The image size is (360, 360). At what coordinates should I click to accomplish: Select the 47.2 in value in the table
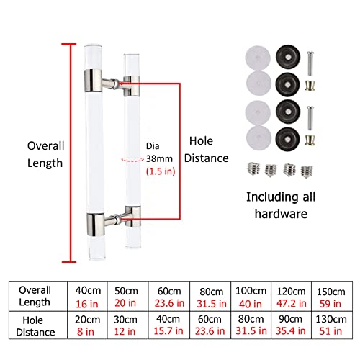pos(292,304)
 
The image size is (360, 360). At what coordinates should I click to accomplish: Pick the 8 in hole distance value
pos(86,332)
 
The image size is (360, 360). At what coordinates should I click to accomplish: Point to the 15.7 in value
pos(168,331)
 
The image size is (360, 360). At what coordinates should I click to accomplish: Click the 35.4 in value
pos(291,331)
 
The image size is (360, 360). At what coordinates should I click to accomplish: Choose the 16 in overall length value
pos(87,304)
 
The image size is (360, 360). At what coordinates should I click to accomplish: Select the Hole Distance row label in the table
pos(35,326)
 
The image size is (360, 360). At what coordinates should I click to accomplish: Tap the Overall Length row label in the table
pos(35,296)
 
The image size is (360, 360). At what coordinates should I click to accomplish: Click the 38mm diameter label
pos(159,158)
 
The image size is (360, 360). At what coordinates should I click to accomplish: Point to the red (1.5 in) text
pos(161,171)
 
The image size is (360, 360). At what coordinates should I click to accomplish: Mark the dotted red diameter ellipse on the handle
pos(132,160)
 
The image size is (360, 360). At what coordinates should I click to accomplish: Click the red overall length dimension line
pos(71,153)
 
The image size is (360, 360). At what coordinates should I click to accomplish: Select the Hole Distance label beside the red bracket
pos(207,149)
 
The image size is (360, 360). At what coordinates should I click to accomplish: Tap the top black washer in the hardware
pos(288,57)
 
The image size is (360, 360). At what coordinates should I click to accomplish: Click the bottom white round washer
pos(258,138)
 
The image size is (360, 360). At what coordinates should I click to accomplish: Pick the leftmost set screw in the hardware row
pos(253,168)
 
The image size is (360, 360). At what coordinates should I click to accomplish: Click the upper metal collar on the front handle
pos(93,81)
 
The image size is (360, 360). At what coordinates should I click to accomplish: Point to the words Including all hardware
pos(281,205)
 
